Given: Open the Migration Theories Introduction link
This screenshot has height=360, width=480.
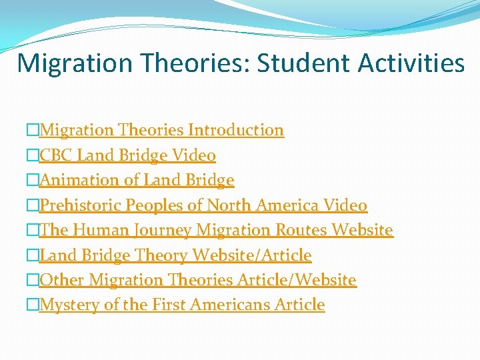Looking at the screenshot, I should pyautogui.click(x=161, y=130).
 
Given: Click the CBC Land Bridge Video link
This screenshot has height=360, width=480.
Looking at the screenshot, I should pyautogui.click(x=127, y=155).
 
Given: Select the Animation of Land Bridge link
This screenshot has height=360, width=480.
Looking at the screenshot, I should pyautogui.click(x=137, y=180).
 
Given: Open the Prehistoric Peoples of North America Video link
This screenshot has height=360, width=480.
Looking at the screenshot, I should pyautogui.click(x=203, y=205).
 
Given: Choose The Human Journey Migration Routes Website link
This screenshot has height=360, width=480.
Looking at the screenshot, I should pyautogui.click(x=216, y=230).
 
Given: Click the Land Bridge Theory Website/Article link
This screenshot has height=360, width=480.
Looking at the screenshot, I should pyautogui.click(x=175, y=255).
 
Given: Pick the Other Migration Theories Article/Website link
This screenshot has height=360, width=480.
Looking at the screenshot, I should pyautogui.click(x=198, y=280).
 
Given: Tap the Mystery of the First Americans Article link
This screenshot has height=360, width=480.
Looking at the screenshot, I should pyautogui.click(x=182, y=305).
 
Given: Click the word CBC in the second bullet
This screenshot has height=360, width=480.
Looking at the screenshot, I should pyautogui.click(x=56, y=155).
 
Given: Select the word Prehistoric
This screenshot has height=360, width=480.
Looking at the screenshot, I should pyautogui.click(x=81, y=205).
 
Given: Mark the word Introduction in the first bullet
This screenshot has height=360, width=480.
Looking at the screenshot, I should pyautogui.click(x=236, y=130).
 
